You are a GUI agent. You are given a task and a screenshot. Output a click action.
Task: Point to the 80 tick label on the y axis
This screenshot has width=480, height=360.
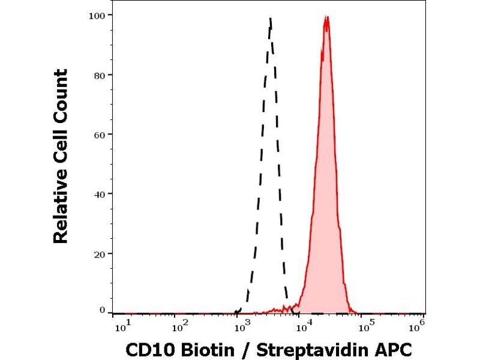click(x=100, y=75)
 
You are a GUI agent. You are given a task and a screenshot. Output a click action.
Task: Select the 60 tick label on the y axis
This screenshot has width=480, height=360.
click(x=100, y=134)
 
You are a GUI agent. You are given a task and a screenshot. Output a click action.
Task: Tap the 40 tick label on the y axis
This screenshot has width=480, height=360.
click(x=100, y=194)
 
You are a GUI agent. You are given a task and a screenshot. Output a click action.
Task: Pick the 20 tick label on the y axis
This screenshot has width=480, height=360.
click(x=100, y=253)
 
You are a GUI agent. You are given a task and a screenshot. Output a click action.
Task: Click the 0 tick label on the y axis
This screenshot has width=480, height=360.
click(x=102, y=310)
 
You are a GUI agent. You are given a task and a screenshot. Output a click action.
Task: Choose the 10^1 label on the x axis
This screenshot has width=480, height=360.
click(x=121, y=325)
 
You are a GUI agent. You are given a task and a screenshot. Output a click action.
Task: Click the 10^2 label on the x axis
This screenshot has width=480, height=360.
click(x=179, y=325)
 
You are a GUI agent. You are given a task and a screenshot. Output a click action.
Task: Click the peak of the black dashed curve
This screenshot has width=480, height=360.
click(x=271, y=19)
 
